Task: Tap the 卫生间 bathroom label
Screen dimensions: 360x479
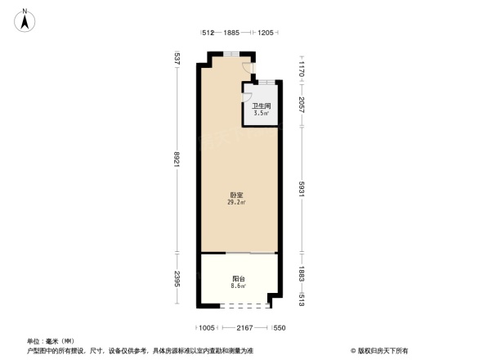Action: [262, 106]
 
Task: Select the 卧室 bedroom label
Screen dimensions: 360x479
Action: [236, 195]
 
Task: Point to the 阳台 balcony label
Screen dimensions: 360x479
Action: [237, 279]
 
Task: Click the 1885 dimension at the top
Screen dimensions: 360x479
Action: [231, 33]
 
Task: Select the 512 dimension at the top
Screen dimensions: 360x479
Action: [208, 33]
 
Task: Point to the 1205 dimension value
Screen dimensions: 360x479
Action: [266, 33]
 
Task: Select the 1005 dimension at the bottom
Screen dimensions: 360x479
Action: [208, 327]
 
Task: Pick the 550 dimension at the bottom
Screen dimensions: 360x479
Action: [278, 327]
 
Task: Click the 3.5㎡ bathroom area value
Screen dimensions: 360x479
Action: [262, 114]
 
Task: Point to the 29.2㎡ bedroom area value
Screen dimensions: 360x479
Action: [236, 202]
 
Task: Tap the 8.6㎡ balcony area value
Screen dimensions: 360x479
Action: [237, 286]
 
